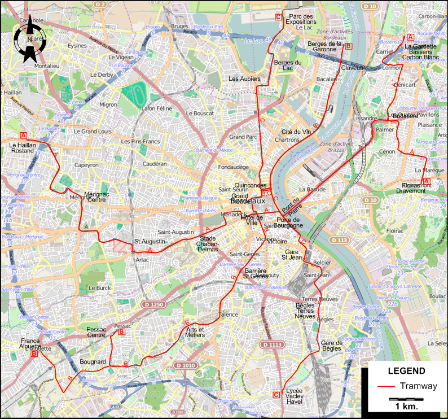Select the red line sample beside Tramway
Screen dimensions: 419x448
386,387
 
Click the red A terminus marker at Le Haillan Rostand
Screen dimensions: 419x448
24,135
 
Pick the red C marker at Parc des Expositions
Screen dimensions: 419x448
278,17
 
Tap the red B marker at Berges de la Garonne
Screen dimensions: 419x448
349,46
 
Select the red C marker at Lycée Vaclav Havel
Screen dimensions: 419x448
276,394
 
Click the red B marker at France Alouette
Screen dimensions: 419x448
34,354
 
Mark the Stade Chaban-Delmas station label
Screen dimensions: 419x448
207,243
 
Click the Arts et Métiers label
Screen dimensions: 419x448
195,332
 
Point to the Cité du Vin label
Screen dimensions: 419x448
296,132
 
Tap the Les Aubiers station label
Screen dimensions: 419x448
244,78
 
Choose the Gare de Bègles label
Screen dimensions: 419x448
331,346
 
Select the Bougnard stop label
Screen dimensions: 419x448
93,361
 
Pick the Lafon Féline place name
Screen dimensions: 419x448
156,108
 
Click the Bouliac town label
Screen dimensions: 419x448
437,296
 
